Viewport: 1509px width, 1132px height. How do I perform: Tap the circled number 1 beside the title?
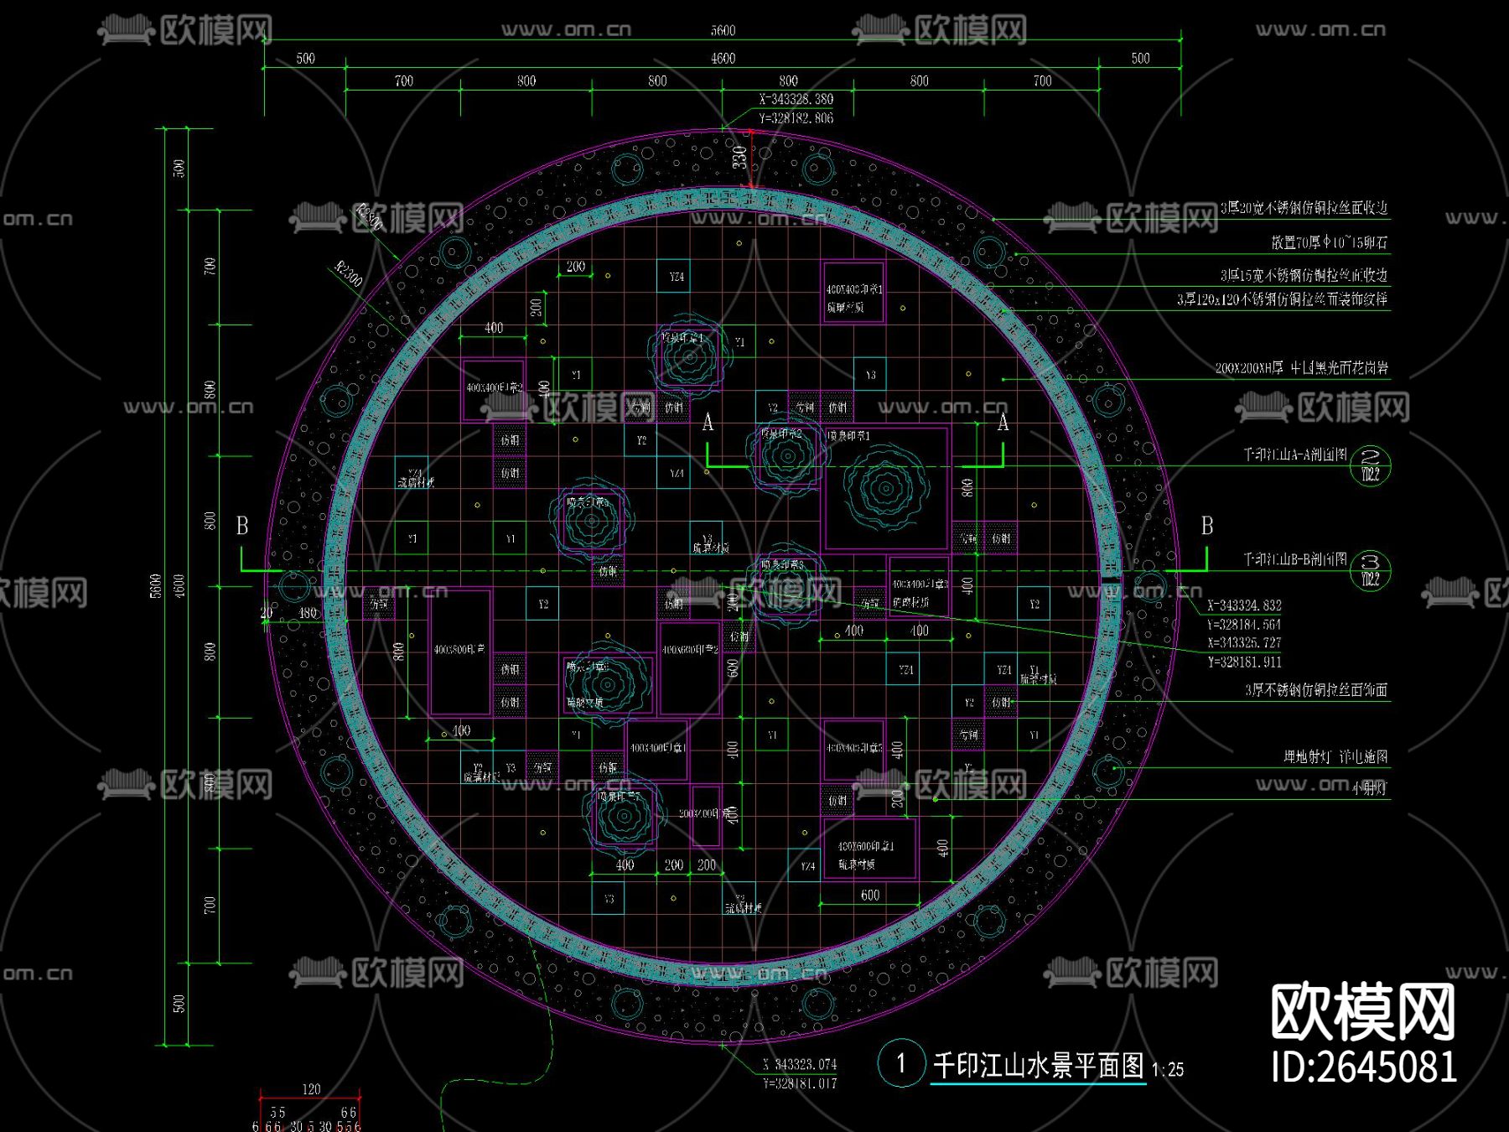click(x=901, y=1064)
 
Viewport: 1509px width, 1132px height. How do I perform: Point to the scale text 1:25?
click(x=1167, y=1070)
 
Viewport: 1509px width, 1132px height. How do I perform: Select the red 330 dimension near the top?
click(x=739, y=157)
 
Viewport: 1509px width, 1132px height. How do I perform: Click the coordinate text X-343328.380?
click(x=796, y=100)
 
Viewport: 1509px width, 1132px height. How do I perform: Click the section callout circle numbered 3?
click(x=1371, y=570)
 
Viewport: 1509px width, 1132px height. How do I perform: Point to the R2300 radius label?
click(x=349, y=273)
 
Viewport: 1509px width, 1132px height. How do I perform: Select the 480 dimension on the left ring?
click(x=309, y=613)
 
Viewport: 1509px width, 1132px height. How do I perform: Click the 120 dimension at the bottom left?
click(x=311, y=1089)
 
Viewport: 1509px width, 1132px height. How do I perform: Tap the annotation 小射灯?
click(x=1369, y=788)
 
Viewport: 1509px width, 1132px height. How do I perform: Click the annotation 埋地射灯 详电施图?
click(x=1335, y=756)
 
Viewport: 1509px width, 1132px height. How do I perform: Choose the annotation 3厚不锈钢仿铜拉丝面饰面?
click(x=1315, y=690)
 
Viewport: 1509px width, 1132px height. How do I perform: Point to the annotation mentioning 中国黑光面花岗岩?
click(x=1301, y=368)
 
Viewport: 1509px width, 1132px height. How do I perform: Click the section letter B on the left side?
click(x=242, y=526)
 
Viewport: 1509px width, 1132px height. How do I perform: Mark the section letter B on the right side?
click(x=1206, y=526)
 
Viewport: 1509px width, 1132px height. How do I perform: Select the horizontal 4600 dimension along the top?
click(x=723, y=59)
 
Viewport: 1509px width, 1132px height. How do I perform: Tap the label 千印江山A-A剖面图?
click(x=1294, y=454)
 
